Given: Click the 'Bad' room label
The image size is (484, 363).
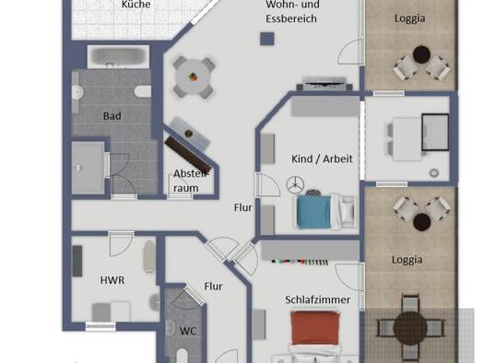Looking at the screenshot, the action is (x=112, y=116).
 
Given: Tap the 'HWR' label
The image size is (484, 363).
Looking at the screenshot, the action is (x=112, y=280).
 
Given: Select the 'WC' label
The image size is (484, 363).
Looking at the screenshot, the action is (x=188, y=332).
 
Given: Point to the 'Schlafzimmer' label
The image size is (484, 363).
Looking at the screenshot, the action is (x=317, y=299).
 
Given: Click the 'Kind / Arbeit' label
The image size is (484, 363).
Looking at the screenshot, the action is (x=322, y=158).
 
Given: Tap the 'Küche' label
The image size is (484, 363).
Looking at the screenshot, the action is (x=136, y=5).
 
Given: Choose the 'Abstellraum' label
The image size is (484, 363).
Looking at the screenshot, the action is (x=190, y=181).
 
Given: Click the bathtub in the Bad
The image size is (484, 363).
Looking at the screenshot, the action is (x=118, y=57).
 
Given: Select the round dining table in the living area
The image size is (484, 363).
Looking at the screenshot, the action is (x=194, y=77).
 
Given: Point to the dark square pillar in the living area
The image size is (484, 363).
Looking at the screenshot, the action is (x=267, y=40).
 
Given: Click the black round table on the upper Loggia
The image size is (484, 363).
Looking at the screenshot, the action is (x=421, y=54).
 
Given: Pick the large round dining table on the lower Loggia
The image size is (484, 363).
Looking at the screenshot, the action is (x=410, y=328).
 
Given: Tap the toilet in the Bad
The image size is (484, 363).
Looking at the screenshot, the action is (x=143, y=91).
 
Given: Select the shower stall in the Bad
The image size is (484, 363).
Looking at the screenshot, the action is (x=89, y=168).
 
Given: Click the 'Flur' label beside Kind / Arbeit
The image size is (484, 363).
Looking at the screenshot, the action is (x=243, y=208).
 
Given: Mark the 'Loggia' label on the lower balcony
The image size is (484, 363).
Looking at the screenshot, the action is (x=407, y=260).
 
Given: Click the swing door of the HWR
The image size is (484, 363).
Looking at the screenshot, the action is (x=122, y=244).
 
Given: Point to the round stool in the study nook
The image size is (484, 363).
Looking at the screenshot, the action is (x=434, y=173).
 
